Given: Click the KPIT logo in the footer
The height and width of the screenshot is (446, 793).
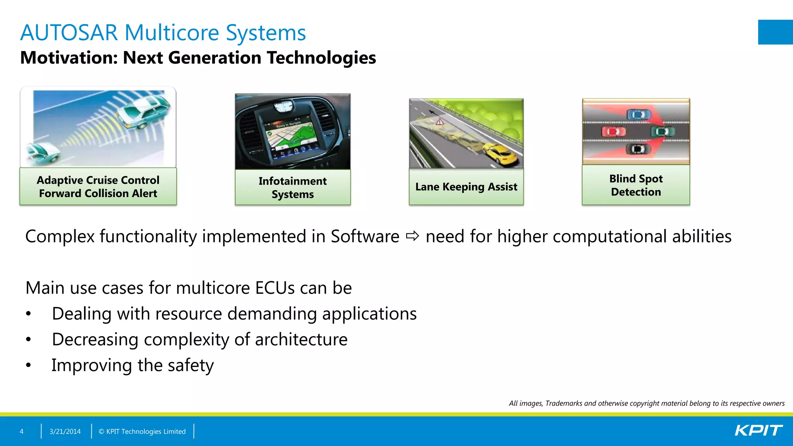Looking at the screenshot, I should coord(758,431).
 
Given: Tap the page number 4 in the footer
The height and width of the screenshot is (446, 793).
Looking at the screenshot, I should coord(22,431).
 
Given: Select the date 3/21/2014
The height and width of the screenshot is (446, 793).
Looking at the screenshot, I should coord(65,431).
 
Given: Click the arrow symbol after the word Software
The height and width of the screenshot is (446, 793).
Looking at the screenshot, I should coord(412,236).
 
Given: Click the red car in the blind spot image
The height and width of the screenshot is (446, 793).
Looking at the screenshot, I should coord(613,132).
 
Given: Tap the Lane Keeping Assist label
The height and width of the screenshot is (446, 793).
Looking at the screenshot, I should coord(466,187).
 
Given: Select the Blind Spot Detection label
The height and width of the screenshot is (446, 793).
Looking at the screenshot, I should coord(636,185).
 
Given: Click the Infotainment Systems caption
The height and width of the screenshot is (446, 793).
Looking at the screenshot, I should coord(293,187).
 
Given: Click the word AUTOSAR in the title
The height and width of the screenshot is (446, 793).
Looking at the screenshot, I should coord(69,33).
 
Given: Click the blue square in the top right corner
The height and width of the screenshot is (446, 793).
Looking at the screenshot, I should coord(775,32).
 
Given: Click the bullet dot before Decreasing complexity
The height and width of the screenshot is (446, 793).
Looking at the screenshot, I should coord(28,340).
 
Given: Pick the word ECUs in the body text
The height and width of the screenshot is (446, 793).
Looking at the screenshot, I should coord(275,288).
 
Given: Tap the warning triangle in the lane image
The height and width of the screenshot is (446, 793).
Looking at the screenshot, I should coord(439,122).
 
